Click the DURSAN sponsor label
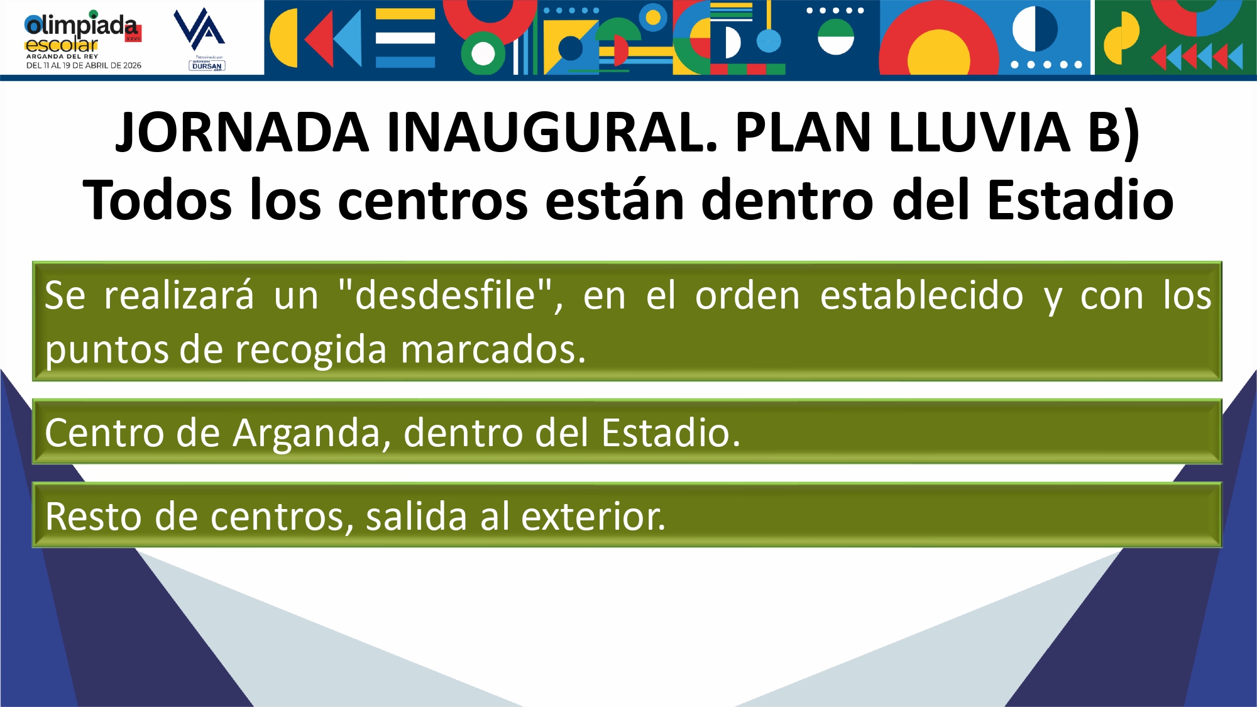(x=207, y=65)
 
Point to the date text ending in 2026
(x=84, y=65)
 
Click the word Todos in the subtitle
(x=157, y=200)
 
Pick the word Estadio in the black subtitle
(x=1080, y=200)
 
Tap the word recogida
(x=311, y=350)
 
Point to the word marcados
(x=493, y=349)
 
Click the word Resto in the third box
(x=94, y=517)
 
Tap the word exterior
(x=593, y=517)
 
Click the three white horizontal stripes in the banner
(x=405, y=38)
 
